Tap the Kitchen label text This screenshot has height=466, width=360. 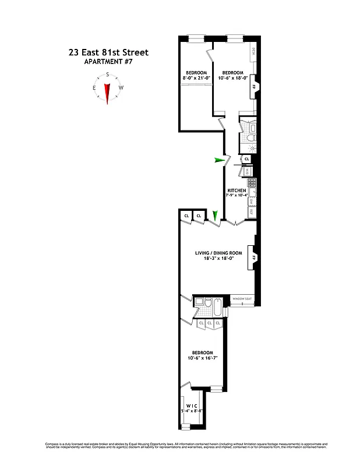tap(237, 190)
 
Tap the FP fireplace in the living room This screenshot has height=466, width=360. tap(253, 257)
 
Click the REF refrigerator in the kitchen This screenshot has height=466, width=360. tap(250, 212)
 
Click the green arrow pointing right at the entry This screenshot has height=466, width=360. tap(219, 160)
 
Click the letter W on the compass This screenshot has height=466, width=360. tap(121, 88)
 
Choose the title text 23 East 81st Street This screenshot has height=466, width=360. tap(108, 52)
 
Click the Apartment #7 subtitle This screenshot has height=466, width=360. tap(109, 62)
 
